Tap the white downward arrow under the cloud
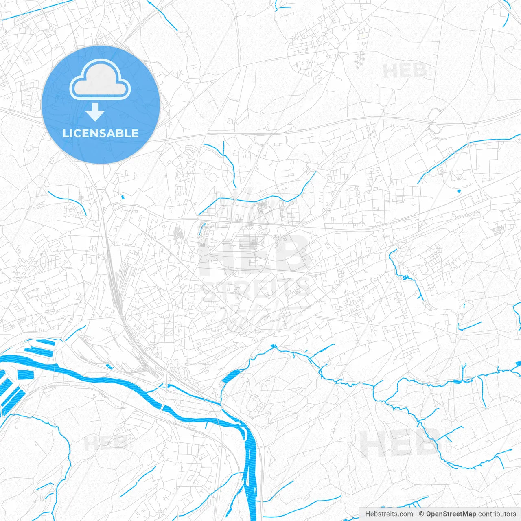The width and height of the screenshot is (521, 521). pos(95,112)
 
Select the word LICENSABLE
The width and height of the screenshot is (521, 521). pos(101,133)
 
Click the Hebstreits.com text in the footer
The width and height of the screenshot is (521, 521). pos(389,514)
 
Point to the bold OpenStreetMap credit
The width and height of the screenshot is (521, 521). pos(451,514)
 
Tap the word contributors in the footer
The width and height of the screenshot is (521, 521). pos(497,514)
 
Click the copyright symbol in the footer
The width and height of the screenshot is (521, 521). pos(422,514)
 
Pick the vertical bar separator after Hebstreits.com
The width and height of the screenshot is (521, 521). pos(416,514)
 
